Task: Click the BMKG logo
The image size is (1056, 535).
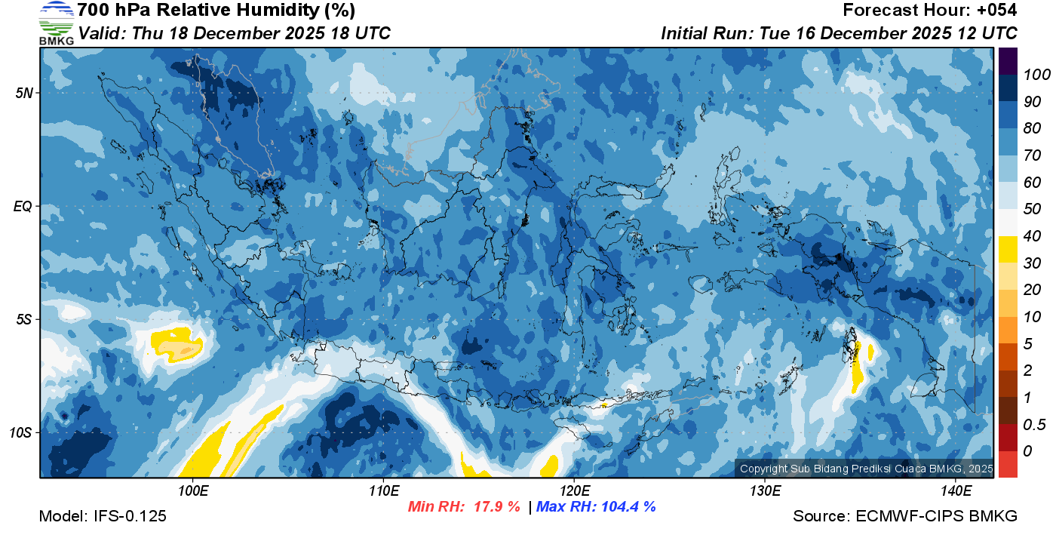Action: click(57, 23)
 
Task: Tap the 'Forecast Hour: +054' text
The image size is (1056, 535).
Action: click(929, 11)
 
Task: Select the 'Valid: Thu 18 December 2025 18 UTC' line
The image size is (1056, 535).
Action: click(235, 33)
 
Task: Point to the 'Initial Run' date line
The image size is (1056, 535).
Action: click(839, 33)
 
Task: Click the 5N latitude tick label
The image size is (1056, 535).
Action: click(25, 93)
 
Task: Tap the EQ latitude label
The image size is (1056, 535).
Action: click(24, 206)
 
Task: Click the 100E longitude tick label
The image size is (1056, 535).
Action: click(192, 491)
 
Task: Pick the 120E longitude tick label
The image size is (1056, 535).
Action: click(574, 491)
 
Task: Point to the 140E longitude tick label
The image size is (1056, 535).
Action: click(956, 491)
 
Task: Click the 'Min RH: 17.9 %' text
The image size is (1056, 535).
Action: click(464, 507)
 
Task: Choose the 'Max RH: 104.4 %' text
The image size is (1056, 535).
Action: click(596, 507)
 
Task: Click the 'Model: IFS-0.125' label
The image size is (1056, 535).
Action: click(103, 516)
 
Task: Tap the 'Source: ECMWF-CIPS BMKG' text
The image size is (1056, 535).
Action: click(905, 516)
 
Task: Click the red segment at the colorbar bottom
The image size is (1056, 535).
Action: click(1008, 463)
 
